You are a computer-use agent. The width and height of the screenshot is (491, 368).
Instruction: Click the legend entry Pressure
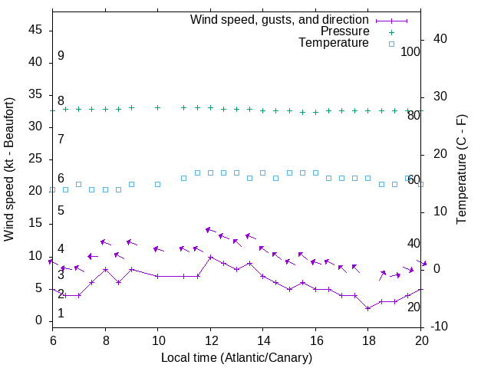[344, 31]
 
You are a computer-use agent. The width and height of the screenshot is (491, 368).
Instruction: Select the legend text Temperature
[334, 43]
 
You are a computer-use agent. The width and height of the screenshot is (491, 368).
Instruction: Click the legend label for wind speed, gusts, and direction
[279, 19]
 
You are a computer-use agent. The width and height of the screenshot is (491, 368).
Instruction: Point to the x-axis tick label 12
[210, 342]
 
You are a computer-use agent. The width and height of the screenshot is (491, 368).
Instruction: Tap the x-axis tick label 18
[368, 342]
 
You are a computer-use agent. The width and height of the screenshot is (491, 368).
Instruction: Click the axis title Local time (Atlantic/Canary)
[237, 357]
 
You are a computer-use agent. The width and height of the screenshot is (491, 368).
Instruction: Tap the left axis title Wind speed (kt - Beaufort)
[10, 169]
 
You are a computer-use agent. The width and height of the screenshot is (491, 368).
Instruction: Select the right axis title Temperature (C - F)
[462, 169]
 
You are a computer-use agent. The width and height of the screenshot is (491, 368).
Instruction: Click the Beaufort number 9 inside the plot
[61, 56]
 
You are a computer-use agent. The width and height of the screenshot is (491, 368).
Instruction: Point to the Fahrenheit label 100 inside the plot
[410, 51]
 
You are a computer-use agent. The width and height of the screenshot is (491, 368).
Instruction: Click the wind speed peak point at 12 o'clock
[210, 257]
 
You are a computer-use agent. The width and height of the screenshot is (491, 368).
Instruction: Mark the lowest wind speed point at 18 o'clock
[368, 308]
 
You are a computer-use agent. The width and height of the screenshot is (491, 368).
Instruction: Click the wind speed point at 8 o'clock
[105, 269]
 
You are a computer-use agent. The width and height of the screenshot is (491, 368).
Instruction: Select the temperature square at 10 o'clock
[158, 184]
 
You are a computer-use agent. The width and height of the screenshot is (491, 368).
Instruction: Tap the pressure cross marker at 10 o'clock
[158, 107]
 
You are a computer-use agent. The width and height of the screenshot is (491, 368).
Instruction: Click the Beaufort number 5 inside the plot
[61, 210]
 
